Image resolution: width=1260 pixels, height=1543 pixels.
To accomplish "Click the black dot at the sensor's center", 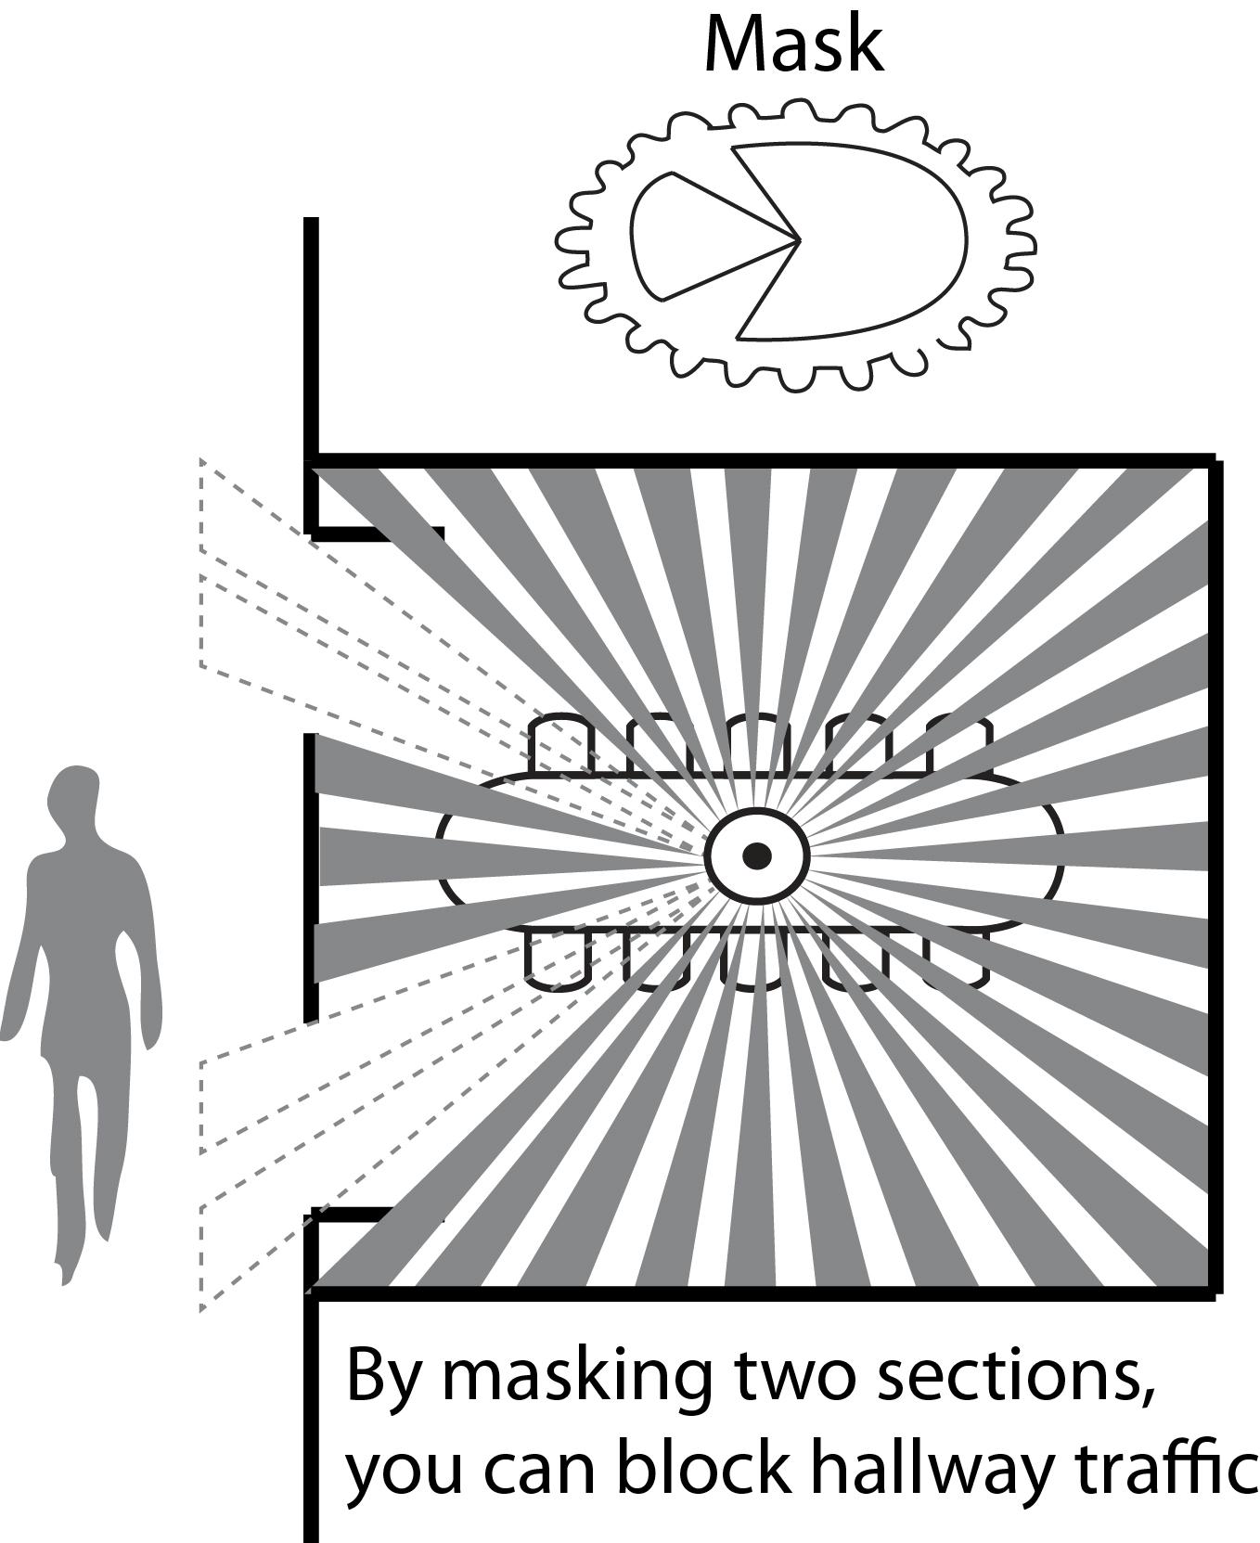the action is (x=757, y=855).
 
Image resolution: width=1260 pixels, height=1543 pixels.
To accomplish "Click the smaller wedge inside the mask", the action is (x=696, y=237).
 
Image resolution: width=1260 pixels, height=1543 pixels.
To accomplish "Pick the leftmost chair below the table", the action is (x=558, y=959).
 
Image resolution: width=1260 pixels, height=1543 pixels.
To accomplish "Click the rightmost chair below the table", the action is (x=956, y=959).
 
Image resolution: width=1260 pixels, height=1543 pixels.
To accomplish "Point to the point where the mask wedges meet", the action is (x=798, y=240).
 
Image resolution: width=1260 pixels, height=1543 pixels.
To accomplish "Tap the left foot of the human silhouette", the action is (x=65, y=1267).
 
